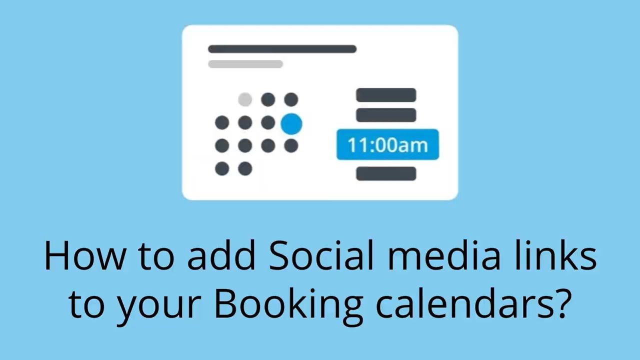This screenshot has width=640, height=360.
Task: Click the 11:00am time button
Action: [387, 145]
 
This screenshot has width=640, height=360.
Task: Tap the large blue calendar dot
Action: [291, 123]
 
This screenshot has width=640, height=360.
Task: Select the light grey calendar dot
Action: [245, 99]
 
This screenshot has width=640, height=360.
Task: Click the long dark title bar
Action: [282, 49]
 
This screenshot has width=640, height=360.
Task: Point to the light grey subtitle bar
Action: [245, 64]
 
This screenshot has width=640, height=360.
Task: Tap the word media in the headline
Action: [441, 256]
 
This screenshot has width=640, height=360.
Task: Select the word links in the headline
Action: [552, 256]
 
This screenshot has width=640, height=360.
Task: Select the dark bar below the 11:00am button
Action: [386, 173]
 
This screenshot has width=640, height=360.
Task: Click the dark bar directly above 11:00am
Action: [386, 115]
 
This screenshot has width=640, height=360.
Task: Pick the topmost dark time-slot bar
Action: [386, 95]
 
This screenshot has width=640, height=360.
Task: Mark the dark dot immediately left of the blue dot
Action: [268, 122]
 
